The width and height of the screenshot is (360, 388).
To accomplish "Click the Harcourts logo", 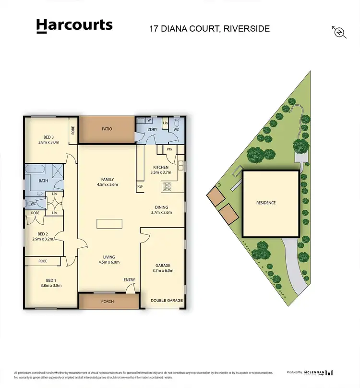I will click(74, 26).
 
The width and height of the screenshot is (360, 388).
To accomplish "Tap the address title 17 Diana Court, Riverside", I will click(209, 28).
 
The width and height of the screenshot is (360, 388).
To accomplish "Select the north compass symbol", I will click(339, 32).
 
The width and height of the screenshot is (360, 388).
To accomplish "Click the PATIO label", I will click(107, 129).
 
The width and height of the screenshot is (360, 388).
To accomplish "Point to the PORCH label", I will click(107, 302).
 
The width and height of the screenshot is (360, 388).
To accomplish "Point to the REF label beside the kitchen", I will click(140, 186).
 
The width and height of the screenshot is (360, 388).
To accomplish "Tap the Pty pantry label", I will click(169, 149).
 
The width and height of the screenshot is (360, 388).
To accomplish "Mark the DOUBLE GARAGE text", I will click(167, 300).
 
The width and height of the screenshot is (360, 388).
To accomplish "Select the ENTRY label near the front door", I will click(129, 280).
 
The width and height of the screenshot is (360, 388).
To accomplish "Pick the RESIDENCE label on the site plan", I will click(265, 203).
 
